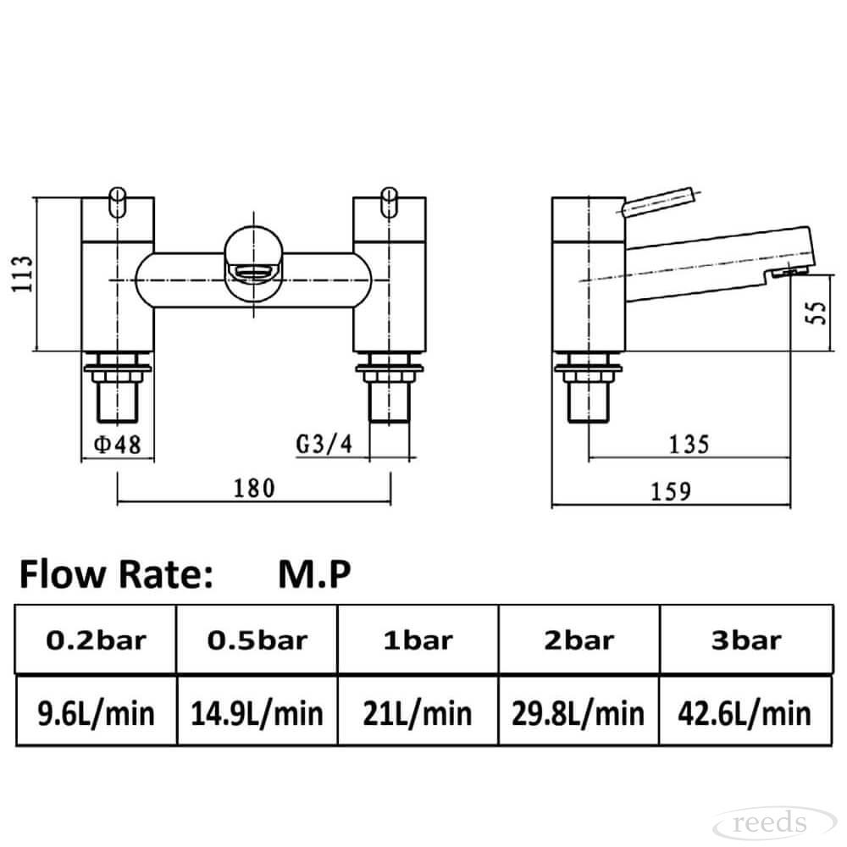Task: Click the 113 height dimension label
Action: [x=22, y=274]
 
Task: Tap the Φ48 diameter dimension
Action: [x=117, y=446]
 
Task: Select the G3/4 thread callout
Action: [x=324, y=445]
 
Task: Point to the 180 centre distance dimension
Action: [x=254, y=489]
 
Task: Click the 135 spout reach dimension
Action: [x=689, y=446]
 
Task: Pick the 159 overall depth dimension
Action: [x=671, y=491]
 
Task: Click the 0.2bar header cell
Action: [x=97, y=640]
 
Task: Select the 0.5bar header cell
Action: [x=257, y=640]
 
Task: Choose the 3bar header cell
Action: [x=746, y=640]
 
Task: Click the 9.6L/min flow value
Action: [x=97, y=713]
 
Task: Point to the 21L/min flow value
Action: [x=418, y=713]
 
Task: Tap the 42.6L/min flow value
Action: [x=745, y=713]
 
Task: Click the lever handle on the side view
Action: [x=658, y=202]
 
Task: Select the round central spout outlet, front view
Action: [x=253, y=264]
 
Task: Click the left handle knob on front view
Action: [x=117, y=202]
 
